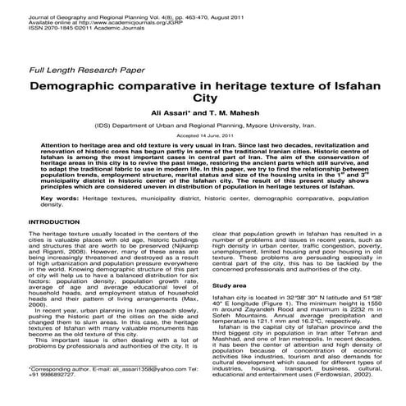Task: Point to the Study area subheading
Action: tap(229, 285)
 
